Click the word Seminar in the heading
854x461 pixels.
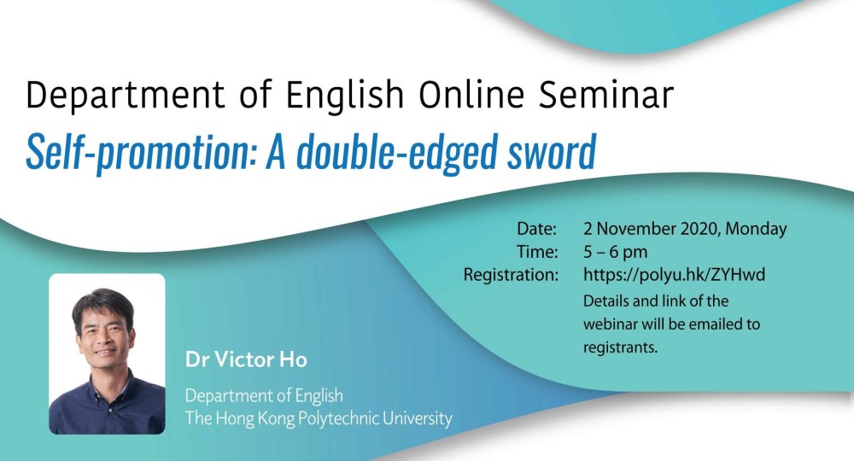coord(606,94)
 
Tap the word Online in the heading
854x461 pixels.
coord(471,94)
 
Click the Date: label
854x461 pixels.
coord(537,229)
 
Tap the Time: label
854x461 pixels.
coord(537,252)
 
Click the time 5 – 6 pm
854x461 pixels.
coord(616,252)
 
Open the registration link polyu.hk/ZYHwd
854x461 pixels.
coord(675,275)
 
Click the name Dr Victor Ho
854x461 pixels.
coord(246,359)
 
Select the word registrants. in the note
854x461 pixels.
coord(620,347)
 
